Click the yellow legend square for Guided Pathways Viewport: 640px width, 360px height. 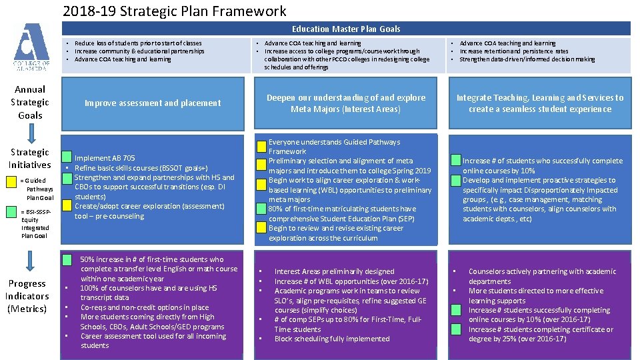[15, 181]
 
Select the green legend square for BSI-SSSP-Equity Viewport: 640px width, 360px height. [15, 212]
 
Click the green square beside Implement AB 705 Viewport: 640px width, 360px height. [67, 158]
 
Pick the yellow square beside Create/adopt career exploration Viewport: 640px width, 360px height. [67, 207]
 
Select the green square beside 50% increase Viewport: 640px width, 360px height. [67, 259]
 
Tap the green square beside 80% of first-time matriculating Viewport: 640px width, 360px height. [262, 209]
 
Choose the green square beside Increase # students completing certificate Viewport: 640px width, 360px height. [456, 329]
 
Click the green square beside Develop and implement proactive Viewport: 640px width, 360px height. [456, 180]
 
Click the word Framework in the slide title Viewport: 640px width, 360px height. [251, 11]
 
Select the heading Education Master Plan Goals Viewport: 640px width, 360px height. [346, 29]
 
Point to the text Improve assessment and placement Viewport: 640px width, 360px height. [153, 103]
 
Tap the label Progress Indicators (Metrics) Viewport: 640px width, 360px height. [27, 296]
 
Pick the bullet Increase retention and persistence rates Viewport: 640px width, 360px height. [513, 51]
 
